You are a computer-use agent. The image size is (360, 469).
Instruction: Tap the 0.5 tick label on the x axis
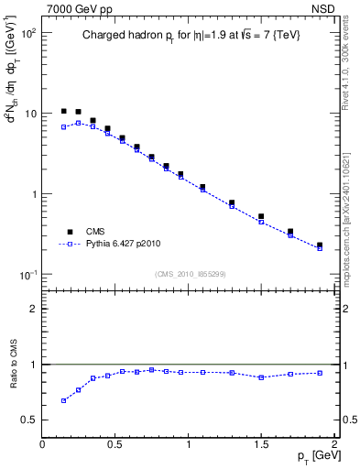[115, 444]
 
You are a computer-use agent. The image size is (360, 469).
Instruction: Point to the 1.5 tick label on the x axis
[261, 444]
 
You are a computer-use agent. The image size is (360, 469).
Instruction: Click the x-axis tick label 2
[334, 444]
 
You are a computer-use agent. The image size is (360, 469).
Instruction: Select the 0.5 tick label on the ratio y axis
[28, 420]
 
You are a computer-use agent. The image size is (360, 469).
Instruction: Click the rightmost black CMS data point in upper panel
[320, 245]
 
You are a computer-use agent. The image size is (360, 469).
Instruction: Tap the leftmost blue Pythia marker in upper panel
[64, 127]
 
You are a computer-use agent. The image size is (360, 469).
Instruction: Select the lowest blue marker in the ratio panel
[64, 400]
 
